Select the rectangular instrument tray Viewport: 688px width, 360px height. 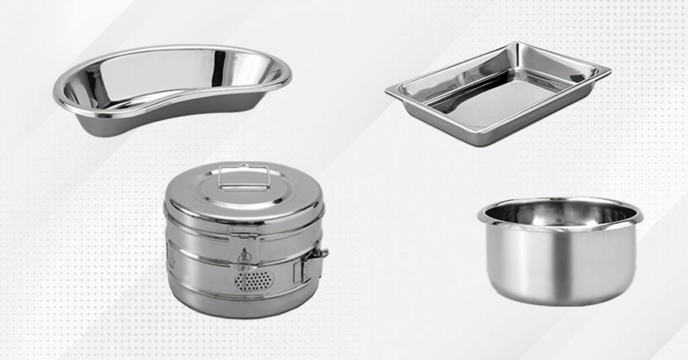(497, 94)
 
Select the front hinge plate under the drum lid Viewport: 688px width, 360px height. (245, 230)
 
